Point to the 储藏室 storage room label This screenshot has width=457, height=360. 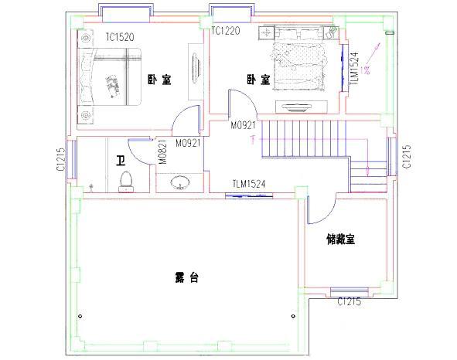pos(340,239)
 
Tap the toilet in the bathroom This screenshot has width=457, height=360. pos(125,180)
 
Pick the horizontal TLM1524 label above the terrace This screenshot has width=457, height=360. pos(249,184)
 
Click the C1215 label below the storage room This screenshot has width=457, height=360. pos(349,301)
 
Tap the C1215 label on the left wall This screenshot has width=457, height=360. pos(60,159)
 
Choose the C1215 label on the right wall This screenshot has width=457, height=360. pos(408,158)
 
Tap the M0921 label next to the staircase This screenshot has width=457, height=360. pos(243,124)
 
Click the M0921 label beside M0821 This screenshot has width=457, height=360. pos(189,143)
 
